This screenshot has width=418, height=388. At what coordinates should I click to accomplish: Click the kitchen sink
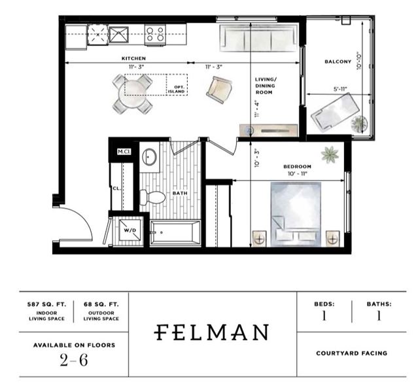(118, 35)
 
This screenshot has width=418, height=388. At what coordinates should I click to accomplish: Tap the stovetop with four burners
(155, 35)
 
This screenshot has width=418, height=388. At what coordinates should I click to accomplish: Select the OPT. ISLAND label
(177, 90)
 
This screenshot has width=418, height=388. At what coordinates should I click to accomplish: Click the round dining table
(133, 94)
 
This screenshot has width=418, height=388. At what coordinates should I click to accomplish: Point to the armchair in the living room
(219, 90)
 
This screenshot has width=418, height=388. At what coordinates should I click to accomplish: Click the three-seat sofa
(258, 38)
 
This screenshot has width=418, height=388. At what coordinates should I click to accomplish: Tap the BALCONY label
(338, 62)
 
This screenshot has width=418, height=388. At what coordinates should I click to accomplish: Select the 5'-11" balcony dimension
(340, 90)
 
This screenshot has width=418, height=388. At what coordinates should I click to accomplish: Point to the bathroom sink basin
(149, 157)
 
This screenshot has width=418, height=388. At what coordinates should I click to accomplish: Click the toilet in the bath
(152, 198)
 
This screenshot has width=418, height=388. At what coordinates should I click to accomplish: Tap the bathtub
(175, 232)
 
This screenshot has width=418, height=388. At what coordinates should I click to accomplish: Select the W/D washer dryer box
(130, 230)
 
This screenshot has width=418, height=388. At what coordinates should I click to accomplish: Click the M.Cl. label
(124, 152)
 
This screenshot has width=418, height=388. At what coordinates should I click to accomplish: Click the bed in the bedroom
(296, 214)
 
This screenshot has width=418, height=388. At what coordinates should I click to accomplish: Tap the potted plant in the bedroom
(330, 154)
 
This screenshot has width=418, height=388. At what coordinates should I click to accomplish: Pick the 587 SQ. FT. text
(46, 304)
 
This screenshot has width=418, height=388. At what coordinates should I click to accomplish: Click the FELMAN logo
(211, 332)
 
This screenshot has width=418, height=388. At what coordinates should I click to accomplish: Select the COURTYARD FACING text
(351, 353)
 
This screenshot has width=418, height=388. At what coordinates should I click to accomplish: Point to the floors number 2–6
(74, 361)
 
